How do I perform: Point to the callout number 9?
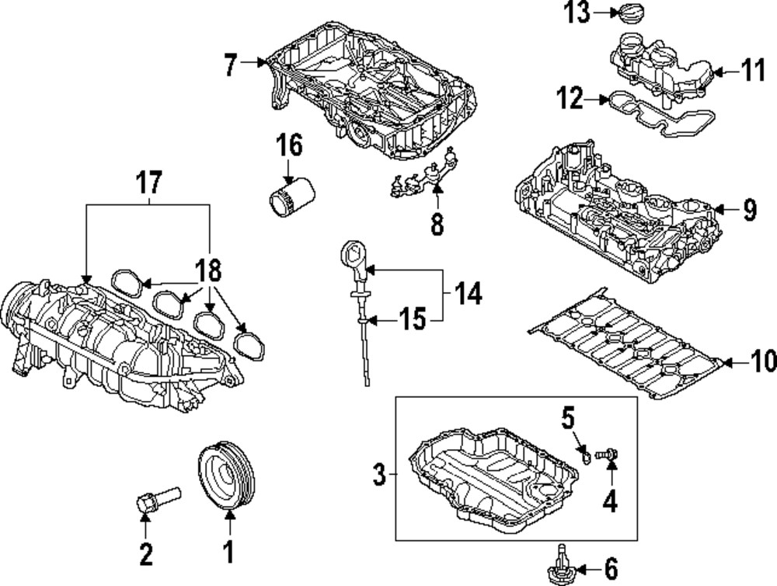(x=748, y=210)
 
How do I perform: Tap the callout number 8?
(x=437, y=224)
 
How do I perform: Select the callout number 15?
(x=413, y=319)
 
